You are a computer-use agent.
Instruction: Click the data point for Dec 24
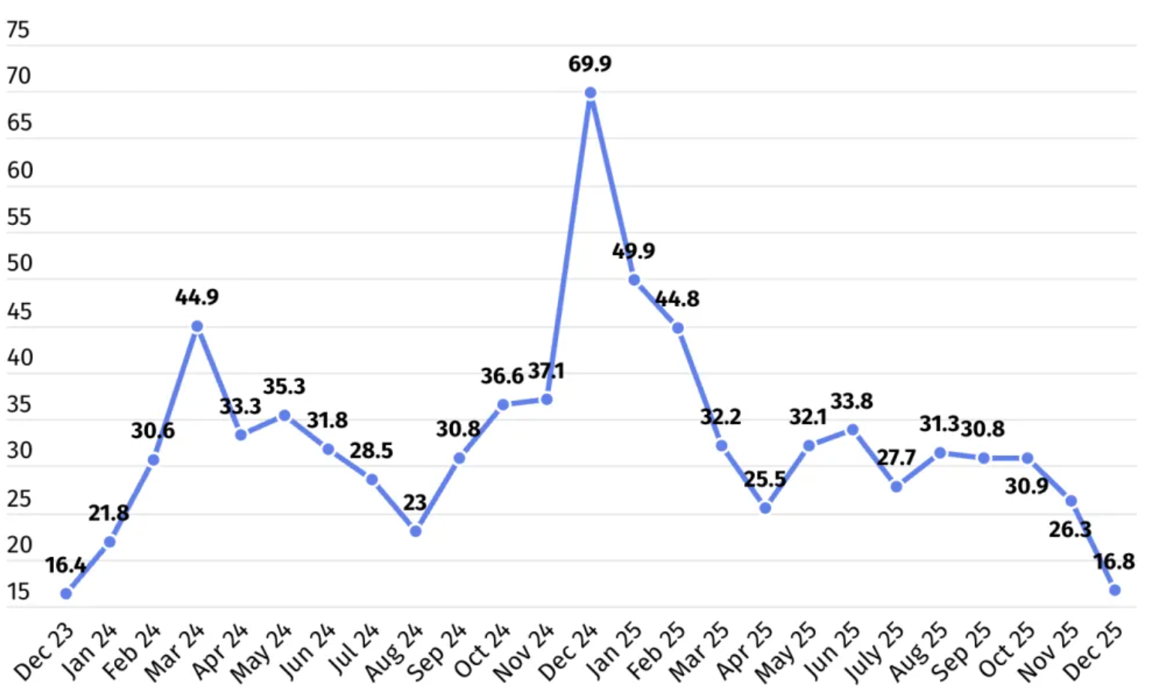click(x=590, y=93)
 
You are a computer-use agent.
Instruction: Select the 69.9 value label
click(x=589, y=64)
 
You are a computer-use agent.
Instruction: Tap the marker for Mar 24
click(x=197, y=326)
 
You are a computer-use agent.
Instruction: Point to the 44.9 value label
click(x=197, y=297)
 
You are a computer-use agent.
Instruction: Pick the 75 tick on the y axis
click(x=18, y=29)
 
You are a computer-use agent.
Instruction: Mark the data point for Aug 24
click(x=415, y=531)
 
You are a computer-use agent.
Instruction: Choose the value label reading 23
click(x=415, y=503)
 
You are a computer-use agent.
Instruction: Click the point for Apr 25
click(x=765, y=508)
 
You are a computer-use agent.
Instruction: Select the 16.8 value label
click(x=1114, y=561)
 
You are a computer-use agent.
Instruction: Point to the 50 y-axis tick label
click(x=19, y=263)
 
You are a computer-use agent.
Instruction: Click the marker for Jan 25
click(x=634, y=280)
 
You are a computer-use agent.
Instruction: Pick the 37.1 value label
click(x=546, y=371)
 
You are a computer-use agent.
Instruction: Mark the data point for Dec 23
click(x=66, y=593)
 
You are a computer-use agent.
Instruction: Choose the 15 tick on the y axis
click(x=18, y=592)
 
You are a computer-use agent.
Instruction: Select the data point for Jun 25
click(x=852, y=430)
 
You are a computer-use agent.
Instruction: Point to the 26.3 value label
click(x=1069, y=530)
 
